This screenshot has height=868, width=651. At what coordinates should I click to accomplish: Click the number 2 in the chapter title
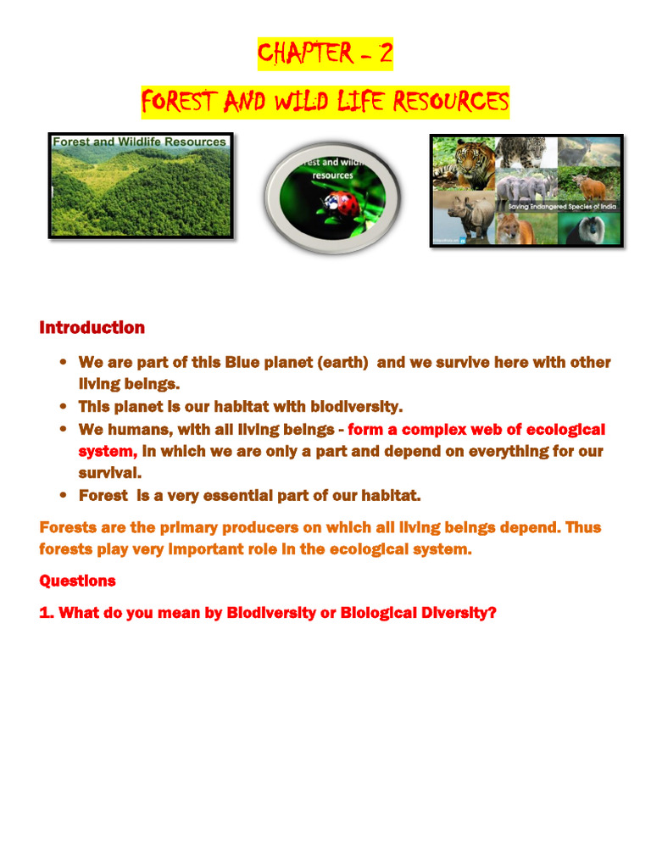[385, 54]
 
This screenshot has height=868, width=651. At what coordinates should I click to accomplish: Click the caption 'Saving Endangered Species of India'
[562, 206]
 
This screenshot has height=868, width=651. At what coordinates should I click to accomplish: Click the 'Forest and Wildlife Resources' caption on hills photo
[140, 142]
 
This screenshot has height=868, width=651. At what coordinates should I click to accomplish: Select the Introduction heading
[92, 327]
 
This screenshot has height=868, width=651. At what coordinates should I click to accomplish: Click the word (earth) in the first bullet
[342, 363]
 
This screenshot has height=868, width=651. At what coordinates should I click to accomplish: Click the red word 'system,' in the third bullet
[108, 451]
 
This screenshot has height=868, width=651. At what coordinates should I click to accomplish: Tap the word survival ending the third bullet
[109, 473]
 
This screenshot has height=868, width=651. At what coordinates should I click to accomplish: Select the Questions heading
[77, 581]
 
